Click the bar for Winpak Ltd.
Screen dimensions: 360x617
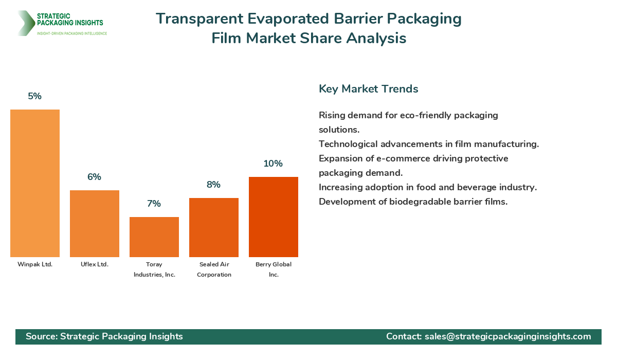35,183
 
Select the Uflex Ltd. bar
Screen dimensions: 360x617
95,224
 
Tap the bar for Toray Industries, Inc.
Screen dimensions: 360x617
154,237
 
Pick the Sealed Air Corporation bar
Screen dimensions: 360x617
214,227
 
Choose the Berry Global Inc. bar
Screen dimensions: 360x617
274,217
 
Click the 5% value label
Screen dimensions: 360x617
35,96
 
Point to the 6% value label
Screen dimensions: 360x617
95,177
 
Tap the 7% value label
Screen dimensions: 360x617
154,204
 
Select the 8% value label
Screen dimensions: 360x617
214,185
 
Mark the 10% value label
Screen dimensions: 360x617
274,164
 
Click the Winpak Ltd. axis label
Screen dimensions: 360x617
35,264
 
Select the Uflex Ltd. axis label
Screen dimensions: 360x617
95,264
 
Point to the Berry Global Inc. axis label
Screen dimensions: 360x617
274,269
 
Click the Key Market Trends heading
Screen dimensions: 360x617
368,89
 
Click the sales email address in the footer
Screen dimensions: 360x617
507,336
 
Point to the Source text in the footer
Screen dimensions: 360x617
104,336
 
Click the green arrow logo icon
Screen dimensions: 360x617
25,23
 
